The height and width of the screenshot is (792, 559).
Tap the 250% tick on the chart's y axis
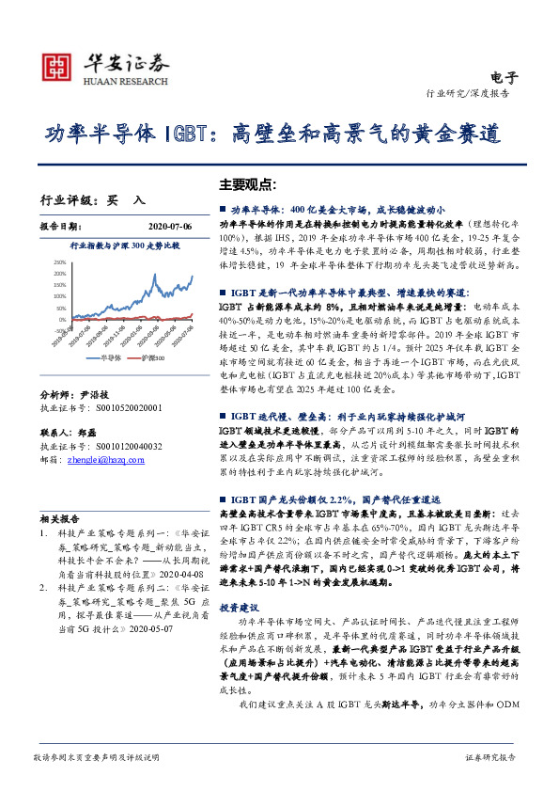pyautogui.click(x=59, y=261)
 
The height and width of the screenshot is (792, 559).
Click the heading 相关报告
pyautogui.click(x=60, y=517)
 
